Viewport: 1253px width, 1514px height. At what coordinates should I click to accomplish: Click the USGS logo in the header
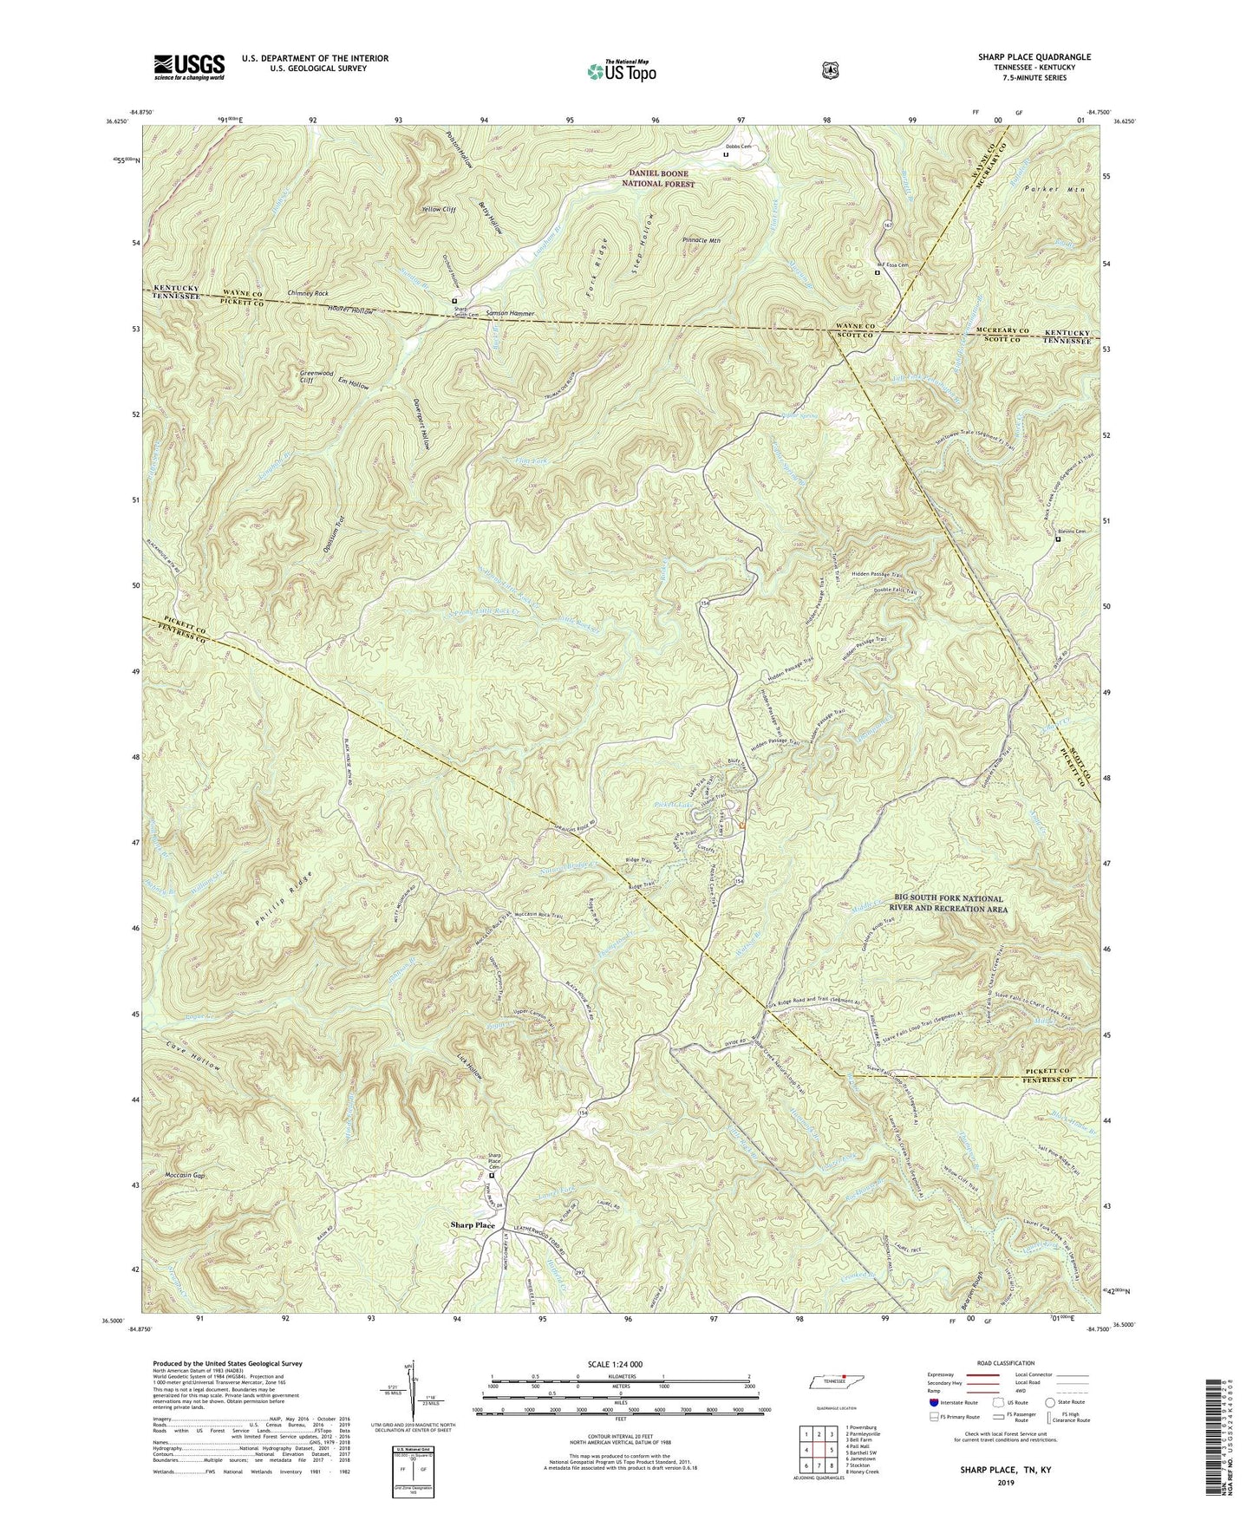tap(189, 66)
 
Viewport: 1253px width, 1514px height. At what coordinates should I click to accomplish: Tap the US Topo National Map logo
tap(619, 69)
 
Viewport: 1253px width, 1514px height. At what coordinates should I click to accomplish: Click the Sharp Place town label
tap(473, 1225)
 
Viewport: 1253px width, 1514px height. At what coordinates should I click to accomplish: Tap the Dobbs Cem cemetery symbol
tap(727, 155)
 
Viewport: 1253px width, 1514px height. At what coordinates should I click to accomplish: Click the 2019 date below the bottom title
tap(1006, 1483)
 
